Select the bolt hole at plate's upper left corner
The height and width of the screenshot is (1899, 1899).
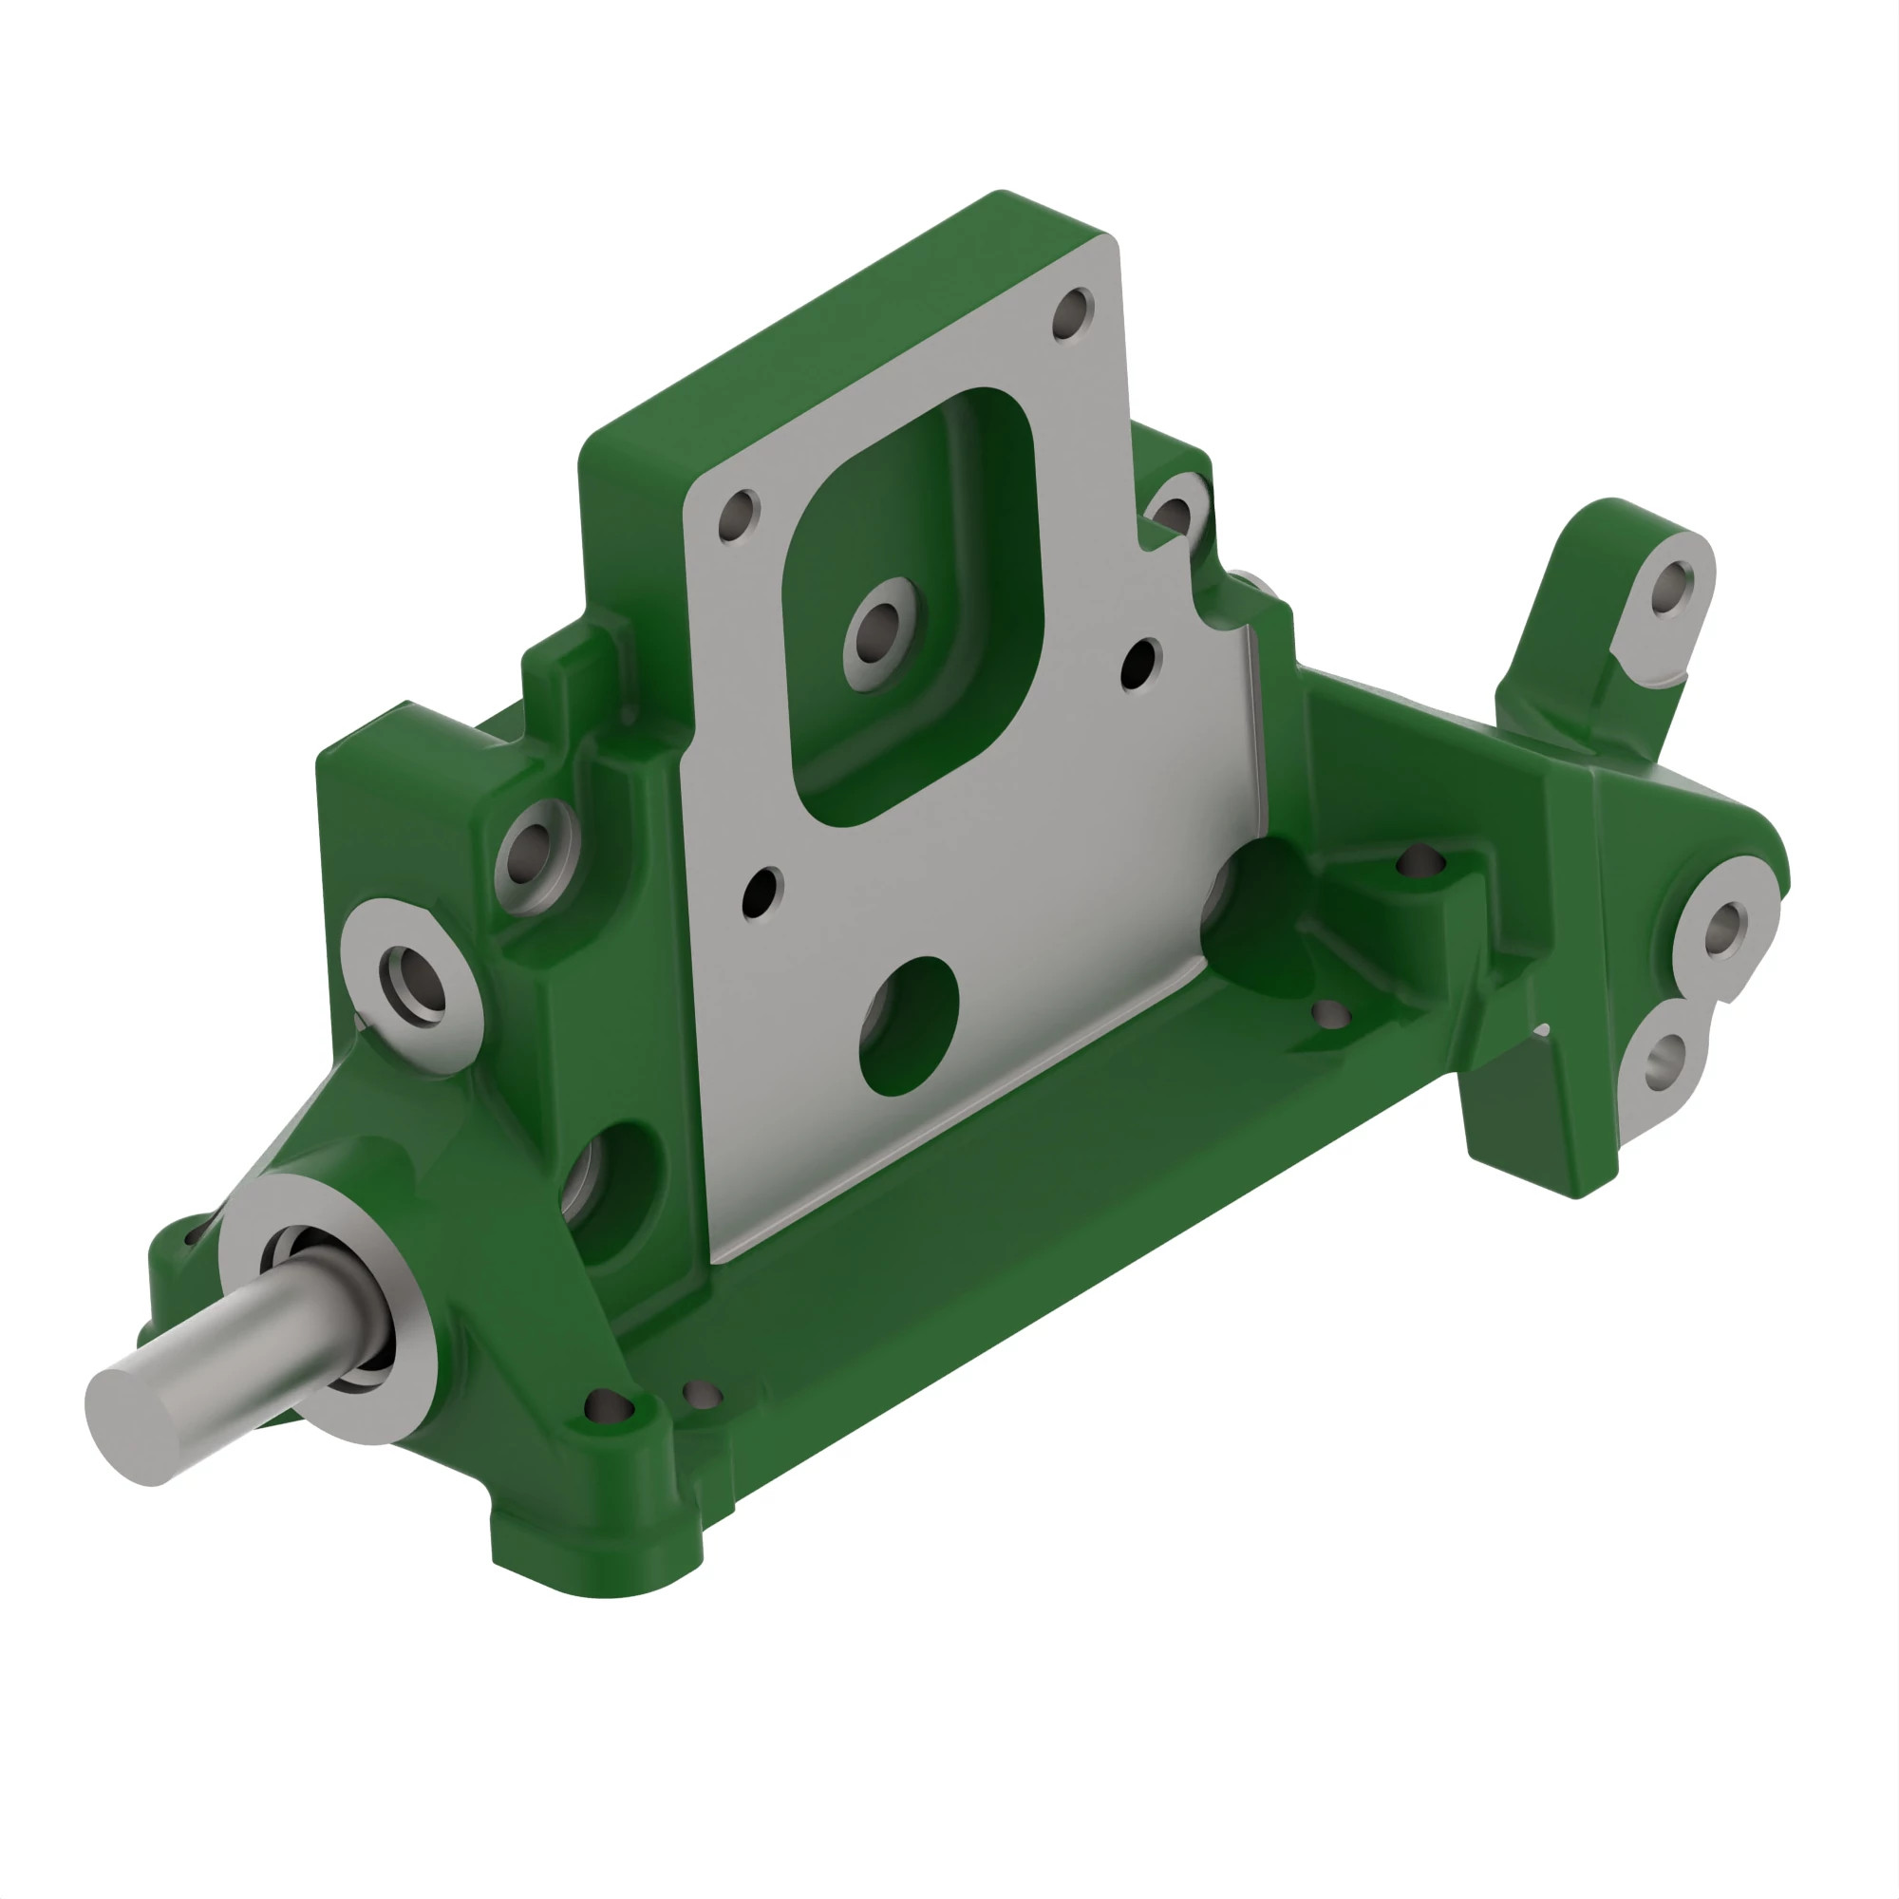(738, 515)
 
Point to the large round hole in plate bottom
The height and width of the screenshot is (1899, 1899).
(909, 1027)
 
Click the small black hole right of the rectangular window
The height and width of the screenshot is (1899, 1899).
(1140, 665)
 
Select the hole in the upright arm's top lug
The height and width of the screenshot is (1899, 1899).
(1670, 587)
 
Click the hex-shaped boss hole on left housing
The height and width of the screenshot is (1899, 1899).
(412, 985)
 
